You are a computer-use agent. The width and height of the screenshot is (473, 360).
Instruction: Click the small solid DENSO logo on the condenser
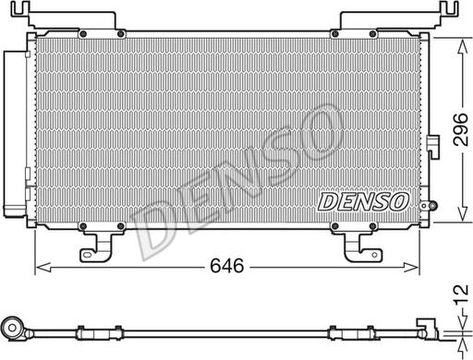(361, 198)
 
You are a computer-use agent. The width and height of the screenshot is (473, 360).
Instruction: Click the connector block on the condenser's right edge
(431, 146)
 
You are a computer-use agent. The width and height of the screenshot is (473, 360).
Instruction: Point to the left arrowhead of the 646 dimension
(40, 269)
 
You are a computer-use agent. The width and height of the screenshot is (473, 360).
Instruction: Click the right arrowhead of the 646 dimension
(421, 269)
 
